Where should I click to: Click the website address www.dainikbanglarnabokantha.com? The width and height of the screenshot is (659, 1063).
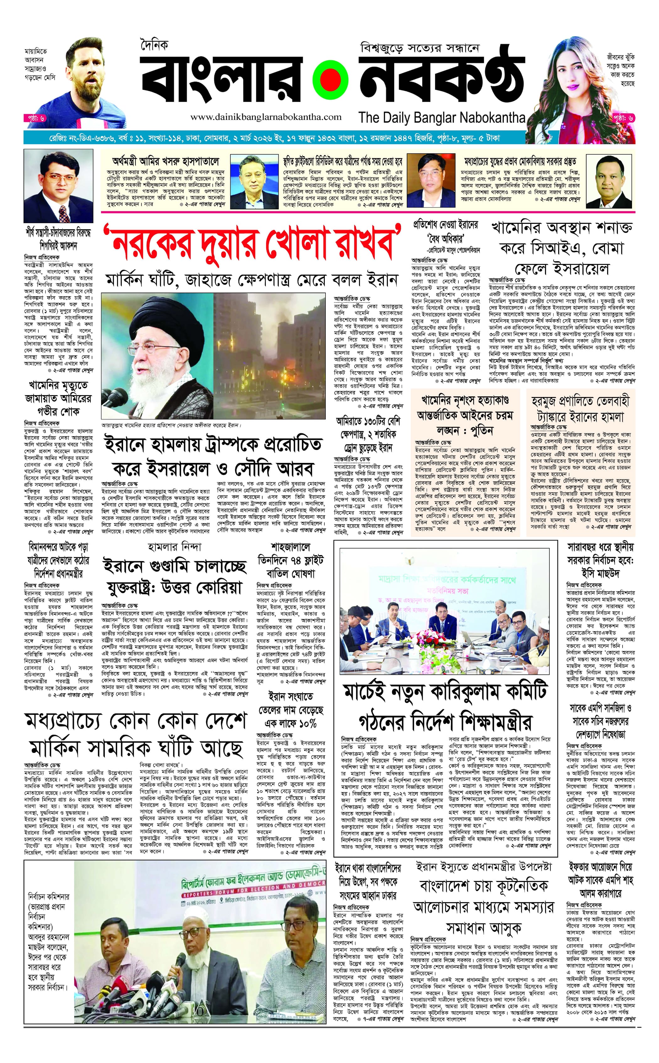coord(266,117)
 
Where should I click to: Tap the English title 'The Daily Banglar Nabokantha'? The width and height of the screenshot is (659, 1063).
coord(442,117)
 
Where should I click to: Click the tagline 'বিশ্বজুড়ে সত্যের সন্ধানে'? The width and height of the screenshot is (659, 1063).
coord(420,48)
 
